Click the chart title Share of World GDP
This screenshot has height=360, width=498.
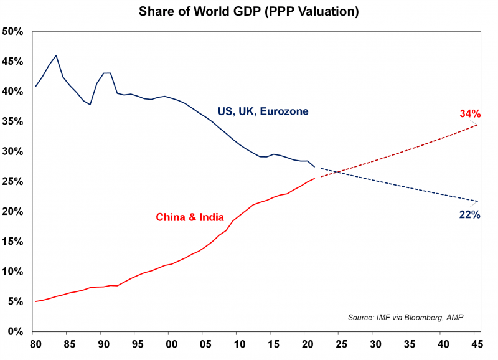tap(248, 12)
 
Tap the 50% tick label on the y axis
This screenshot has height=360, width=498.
tap(14, 32)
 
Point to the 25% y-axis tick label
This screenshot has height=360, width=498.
tap(14, 182)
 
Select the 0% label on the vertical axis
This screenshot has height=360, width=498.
tap(16, 332)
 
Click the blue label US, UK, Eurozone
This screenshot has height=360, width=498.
tap(263, 111)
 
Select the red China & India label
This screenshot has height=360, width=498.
tap(190, 217)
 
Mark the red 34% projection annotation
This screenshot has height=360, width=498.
tap(470, 114)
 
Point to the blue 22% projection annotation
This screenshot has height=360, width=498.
tap(469, 215)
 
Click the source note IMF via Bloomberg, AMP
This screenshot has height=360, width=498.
tap(405, 318)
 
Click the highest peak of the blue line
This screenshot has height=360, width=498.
tap(57, 55)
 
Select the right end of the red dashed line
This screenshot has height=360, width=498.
tap(477, 125)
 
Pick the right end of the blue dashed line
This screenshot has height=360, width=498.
tap(477, 201)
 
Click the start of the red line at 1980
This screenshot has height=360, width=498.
tap(35, 301)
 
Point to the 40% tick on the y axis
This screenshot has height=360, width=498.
tap(14, 92)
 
